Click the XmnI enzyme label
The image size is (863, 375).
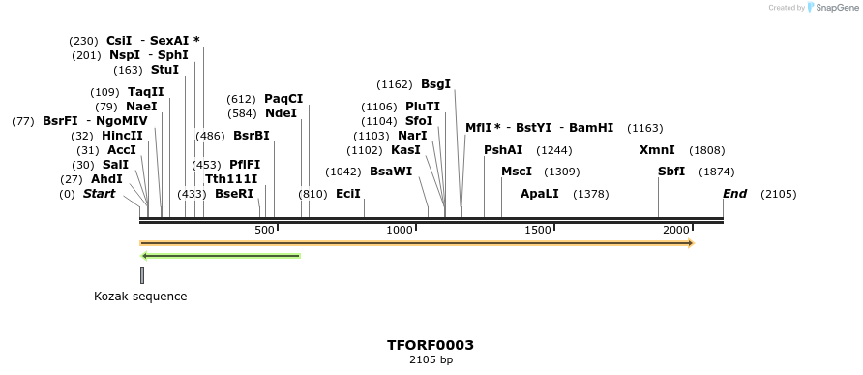[657, 150]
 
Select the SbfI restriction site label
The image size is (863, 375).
[671, 172]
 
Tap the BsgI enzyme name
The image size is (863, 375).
[435, 84]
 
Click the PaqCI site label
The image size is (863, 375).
[283, 99]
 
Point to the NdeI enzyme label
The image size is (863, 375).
[281, 113]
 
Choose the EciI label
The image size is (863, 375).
[348, 194]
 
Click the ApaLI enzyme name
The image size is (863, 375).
[540, 194]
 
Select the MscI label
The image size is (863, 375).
[517, 172]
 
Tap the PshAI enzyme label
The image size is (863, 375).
[503, 150]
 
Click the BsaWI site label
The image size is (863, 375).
[391, 172]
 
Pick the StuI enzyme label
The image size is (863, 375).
[164, 70]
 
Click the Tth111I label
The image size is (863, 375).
[231, 179]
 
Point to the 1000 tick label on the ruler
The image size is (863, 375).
[400, 230]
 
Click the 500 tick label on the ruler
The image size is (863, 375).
[264, 230]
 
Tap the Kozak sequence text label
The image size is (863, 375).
[140, 297]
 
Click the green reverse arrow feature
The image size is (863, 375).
[221, 256]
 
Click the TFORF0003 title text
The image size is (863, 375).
[431, 345]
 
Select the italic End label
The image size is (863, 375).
[734, 194]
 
